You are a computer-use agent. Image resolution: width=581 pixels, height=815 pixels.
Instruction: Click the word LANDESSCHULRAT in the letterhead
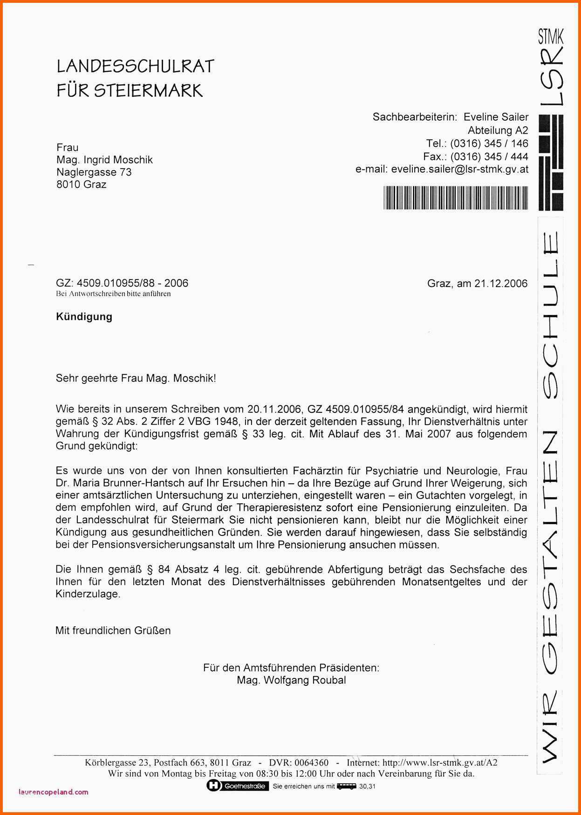click(135, 66)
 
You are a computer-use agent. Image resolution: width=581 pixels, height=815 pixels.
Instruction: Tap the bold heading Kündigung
click(84, 317)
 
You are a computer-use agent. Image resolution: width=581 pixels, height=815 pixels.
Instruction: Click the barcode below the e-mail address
click(456, 198)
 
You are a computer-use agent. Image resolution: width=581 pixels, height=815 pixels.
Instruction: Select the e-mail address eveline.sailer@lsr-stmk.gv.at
click(459, 169)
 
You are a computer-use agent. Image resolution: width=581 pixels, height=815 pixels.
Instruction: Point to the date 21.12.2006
click(501, 283)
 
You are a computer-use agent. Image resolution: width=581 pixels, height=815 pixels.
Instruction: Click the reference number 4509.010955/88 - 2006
click(132, 283)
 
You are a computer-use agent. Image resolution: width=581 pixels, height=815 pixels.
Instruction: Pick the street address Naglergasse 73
click(94, 172)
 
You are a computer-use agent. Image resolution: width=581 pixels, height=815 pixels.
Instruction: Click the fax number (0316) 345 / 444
click(489, 157)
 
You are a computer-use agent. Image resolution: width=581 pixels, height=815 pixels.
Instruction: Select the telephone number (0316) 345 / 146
click(489, 144)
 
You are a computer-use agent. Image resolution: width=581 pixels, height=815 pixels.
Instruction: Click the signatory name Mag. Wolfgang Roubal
click(291, 680)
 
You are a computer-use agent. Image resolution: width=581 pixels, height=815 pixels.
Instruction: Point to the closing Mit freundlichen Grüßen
click(113, 630)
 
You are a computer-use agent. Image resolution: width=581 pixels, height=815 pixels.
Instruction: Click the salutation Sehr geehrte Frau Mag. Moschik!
click(136, 378)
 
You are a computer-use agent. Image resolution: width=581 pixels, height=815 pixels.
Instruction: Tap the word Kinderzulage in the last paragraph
click(88, 594)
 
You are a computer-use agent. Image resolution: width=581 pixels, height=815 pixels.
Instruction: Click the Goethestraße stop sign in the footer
click(238, 786)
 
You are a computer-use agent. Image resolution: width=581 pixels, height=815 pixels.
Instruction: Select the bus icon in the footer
click(346, 786)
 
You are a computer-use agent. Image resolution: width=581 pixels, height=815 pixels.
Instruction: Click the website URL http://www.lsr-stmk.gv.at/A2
click(440, 763)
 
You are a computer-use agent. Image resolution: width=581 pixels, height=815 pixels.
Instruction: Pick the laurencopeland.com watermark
click(54, 792)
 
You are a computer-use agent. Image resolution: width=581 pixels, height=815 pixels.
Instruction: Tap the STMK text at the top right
click(551, 35)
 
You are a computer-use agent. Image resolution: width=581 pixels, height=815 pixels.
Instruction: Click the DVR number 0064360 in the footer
click(311, 763)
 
